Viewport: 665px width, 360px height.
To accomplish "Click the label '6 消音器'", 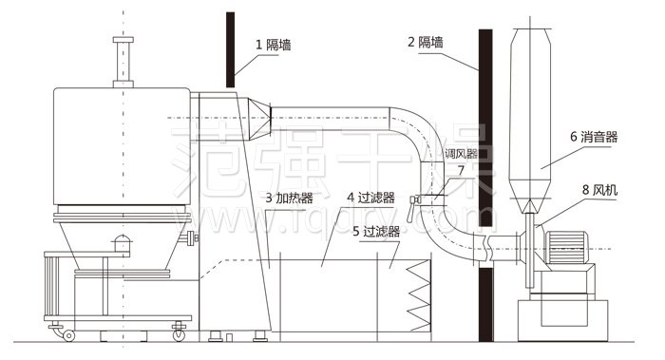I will (x=594, y=137).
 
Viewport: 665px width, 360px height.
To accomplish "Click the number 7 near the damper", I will (x=461, y=171).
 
